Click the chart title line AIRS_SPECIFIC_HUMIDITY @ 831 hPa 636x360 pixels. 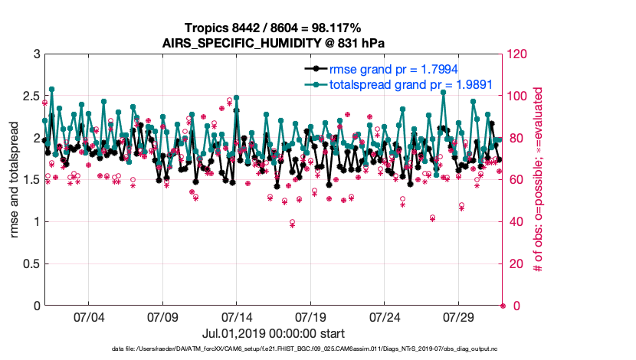click(272, 42)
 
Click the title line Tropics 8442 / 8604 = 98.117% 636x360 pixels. click(272, 28)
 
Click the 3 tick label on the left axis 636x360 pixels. click(36, 54)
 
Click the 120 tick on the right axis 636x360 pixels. click(518, 54)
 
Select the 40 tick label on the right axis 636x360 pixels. click(515, 222)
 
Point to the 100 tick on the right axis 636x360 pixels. click(518, 97)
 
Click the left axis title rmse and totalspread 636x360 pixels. click(15, 180)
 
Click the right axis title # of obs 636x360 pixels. click(539, 180)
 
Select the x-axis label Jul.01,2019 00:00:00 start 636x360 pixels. click(273, 333)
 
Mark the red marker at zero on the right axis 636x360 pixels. click(503, 306)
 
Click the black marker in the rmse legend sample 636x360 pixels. click(313, 70)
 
